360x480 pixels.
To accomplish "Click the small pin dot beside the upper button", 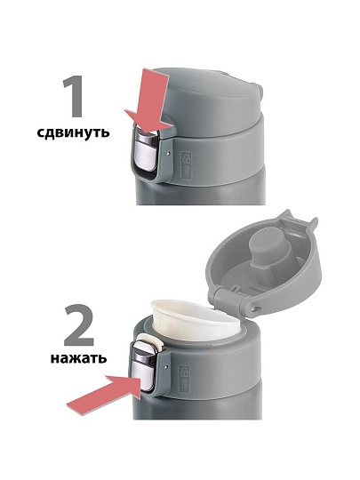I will coord(167,152).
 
